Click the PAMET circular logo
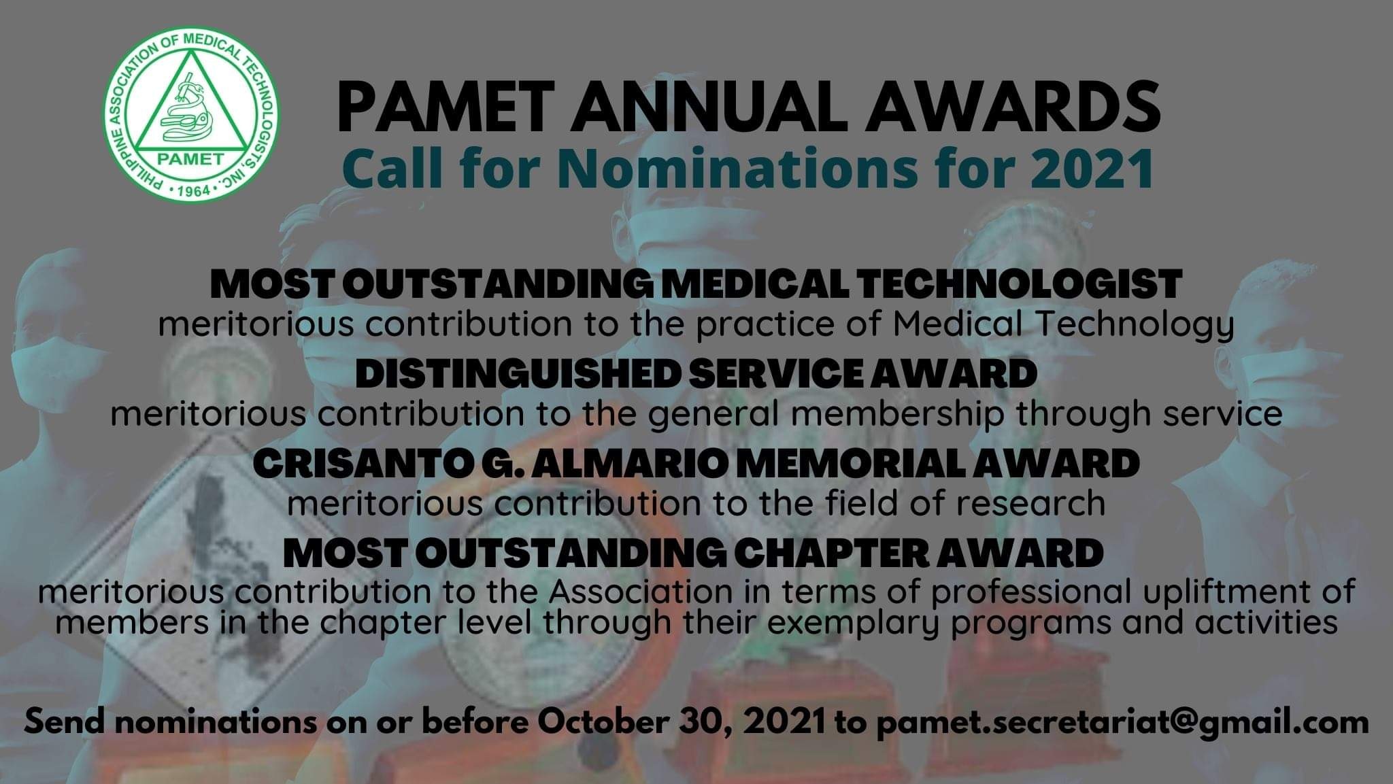(x=192, y=112)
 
